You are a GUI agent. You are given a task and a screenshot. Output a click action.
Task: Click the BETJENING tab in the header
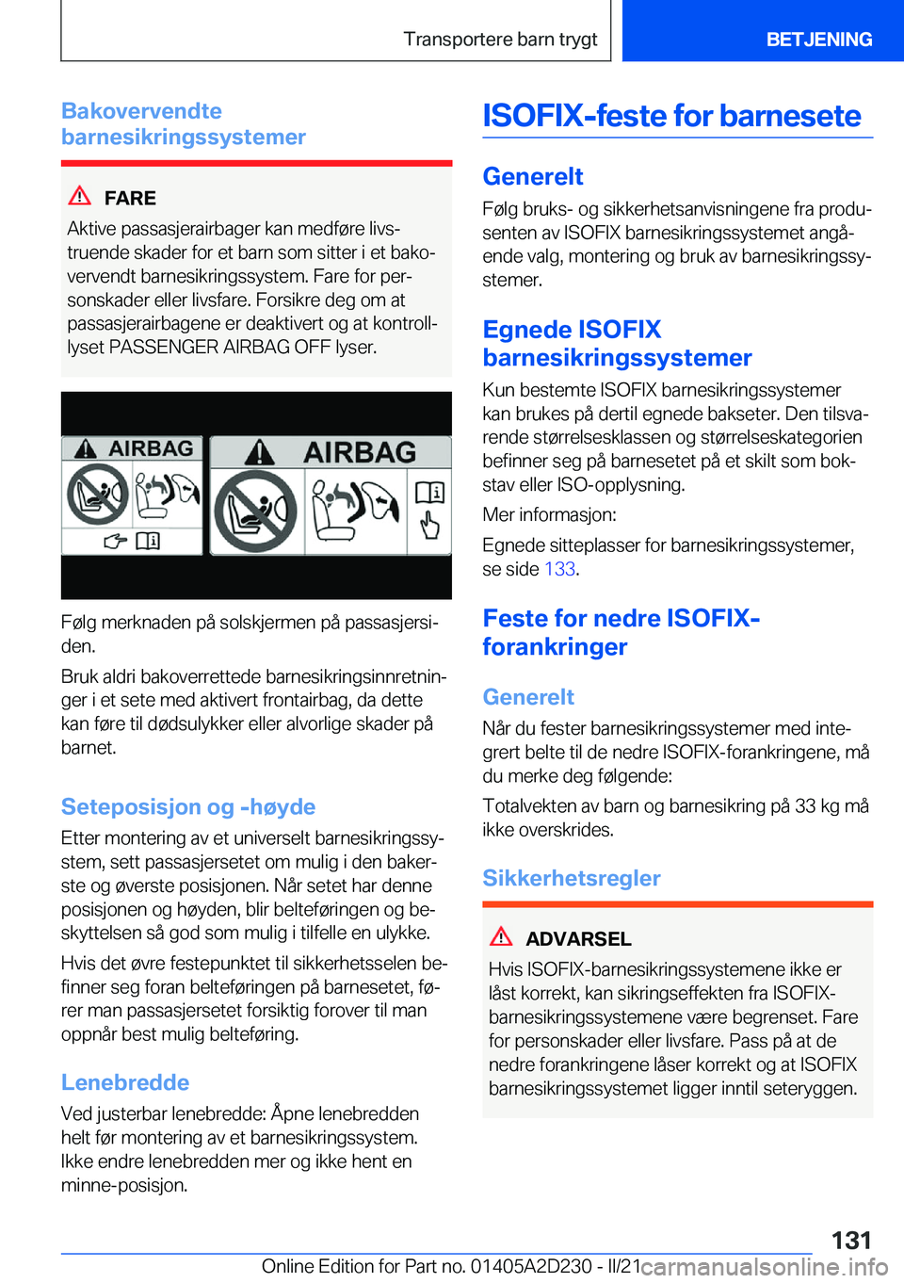tap(818, 40)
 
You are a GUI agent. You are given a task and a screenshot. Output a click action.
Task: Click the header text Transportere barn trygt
tap(500, 40)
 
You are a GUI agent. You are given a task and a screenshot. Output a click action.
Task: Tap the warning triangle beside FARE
tap(80, 196)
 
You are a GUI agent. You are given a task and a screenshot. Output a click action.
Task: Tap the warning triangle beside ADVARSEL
tap(501, 936)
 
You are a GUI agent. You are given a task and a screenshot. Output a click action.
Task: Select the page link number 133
tap(559, 569)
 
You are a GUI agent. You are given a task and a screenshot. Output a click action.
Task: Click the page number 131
tap(851, 1240)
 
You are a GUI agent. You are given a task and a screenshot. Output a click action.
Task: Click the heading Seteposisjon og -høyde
tap(188, 807)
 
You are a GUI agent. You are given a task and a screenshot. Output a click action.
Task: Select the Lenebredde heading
tap(125, 1082)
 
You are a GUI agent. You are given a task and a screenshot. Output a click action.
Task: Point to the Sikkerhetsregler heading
tap(572, 878)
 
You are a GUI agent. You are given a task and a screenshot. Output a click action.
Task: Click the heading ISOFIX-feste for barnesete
tap(671, 116)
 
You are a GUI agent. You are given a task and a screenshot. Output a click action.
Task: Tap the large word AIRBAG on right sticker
tap(360, 453)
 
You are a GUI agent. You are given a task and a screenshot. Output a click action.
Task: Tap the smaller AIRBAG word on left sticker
tap(151, 448)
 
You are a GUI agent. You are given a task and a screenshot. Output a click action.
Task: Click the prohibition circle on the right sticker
tap(255, 512)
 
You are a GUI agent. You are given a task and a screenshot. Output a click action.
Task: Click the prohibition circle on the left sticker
tap(97, 495)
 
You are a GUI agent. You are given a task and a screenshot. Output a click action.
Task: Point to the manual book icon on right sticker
tap(430, 492)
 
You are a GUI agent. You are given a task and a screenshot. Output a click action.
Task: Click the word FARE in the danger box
tap(130, 199)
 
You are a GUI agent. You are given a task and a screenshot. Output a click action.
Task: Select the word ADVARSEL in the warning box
tap(578, 939)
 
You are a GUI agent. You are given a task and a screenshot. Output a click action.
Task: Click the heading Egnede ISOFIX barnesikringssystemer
tap(617, 344)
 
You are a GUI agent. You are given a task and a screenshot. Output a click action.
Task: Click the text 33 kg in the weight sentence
tap(818, 806)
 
